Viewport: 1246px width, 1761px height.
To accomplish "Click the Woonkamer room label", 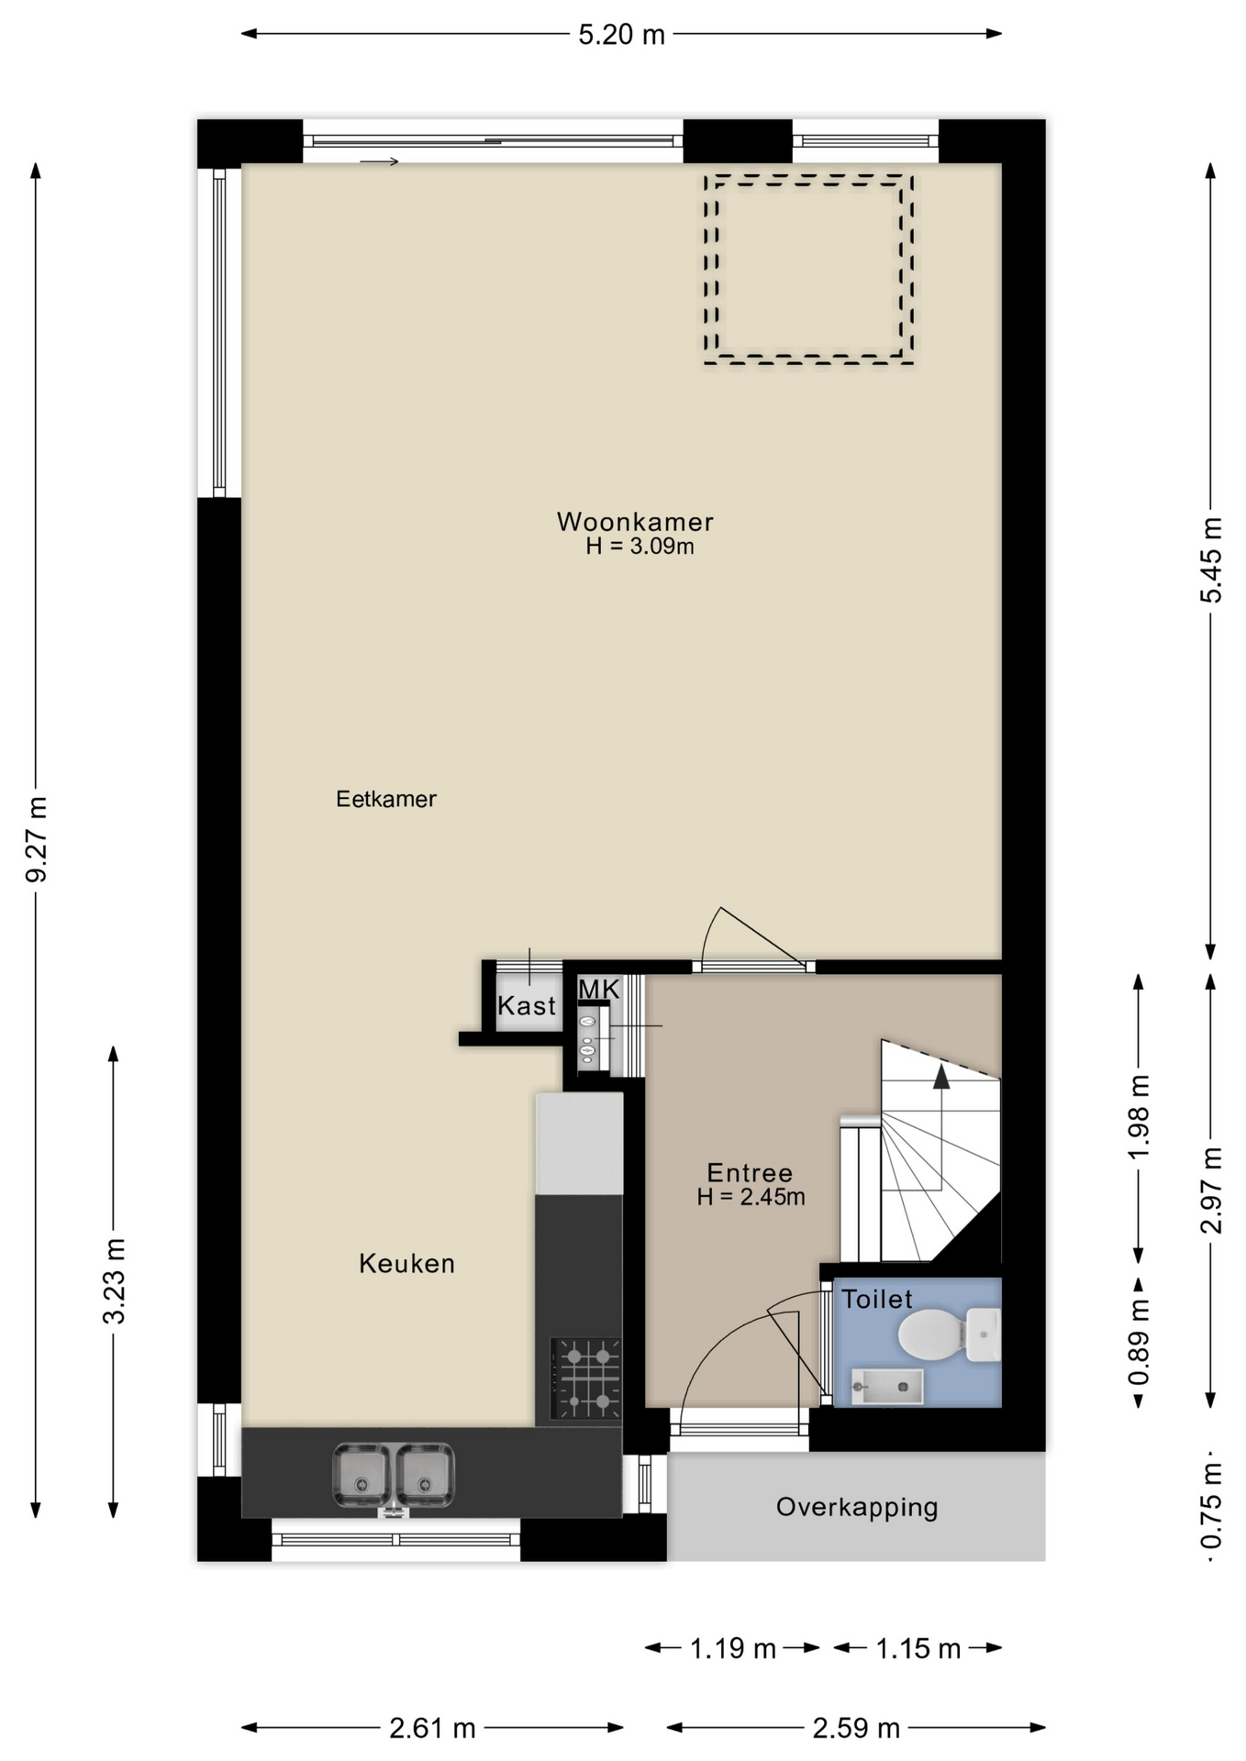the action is [x=635, y=522].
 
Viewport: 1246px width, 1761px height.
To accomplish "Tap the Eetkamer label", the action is [x=385, y=799].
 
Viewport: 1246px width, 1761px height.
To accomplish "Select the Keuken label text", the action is [x=406, y=1264].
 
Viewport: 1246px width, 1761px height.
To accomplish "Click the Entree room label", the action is [x=750, y=1173].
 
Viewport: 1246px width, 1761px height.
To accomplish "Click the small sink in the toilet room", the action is [x=886, y=1386].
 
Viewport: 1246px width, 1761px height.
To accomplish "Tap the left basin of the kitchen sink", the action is [x=362, y=1475].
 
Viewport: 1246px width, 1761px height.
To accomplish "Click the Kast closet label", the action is [x=527, y=1006].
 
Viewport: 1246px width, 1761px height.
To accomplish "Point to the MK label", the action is [x=599, y=990].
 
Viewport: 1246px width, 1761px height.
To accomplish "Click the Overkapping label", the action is [x=857, y=1507].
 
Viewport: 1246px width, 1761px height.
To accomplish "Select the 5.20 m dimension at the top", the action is [x=621, y=35].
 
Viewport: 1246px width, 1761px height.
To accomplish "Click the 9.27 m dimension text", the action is [x=36, y=839].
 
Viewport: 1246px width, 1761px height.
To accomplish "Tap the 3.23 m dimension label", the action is [x=114, y=1281].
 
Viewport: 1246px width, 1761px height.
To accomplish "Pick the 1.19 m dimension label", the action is [x=733, y=1649].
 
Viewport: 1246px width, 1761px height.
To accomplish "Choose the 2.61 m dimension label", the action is [x=432, y=1729].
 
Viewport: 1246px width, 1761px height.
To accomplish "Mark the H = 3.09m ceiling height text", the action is [x=640, y=547].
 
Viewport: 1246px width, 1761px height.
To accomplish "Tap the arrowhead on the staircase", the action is [x=941, y=1077].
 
